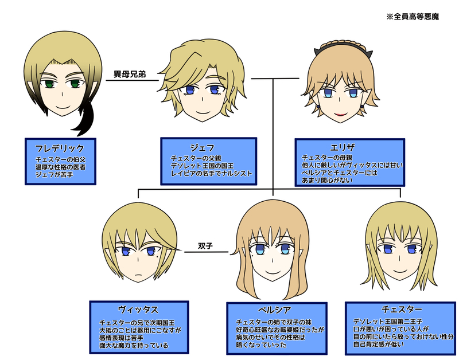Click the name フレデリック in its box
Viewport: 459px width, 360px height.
[x=60, y=148]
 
